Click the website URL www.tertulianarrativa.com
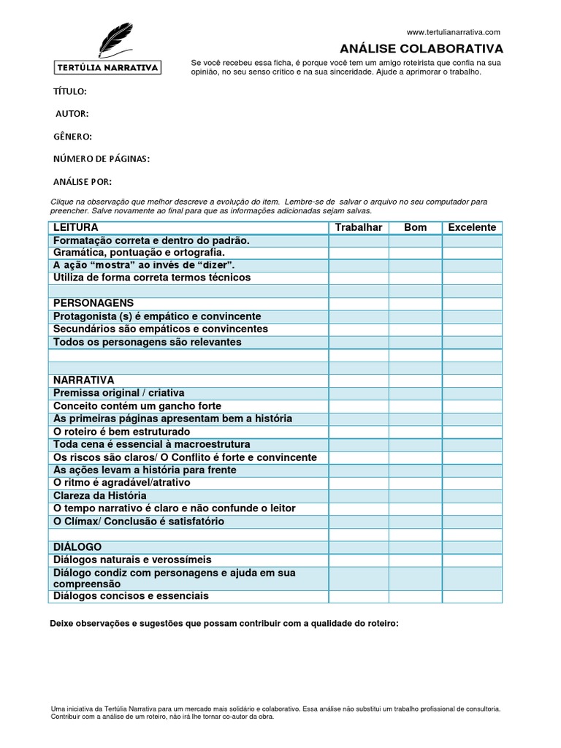[453, 32]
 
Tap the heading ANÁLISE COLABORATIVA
[421, 49]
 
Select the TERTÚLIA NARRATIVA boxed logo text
[108, 68]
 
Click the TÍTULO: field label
[70, 91]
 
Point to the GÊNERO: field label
[72, 137]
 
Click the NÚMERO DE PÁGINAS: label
[102, 159]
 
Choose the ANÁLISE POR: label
[83, 182]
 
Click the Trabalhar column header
[358, 227]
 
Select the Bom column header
[415, 227]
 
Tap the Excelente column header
[472, 227]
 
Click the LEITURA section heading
[76, 227]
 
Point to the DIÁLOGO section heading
[77, 546]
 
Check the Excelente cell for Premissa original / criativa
[472, 393]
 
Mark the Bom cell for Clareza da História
[415, 495]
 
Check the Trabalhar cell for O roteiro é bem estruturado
[358, 432]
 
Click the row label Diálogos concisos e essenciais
[131, 596]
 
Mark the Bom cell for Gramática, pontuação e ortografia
[415, 253]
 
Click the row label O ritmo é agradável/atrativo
[122, 483]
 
